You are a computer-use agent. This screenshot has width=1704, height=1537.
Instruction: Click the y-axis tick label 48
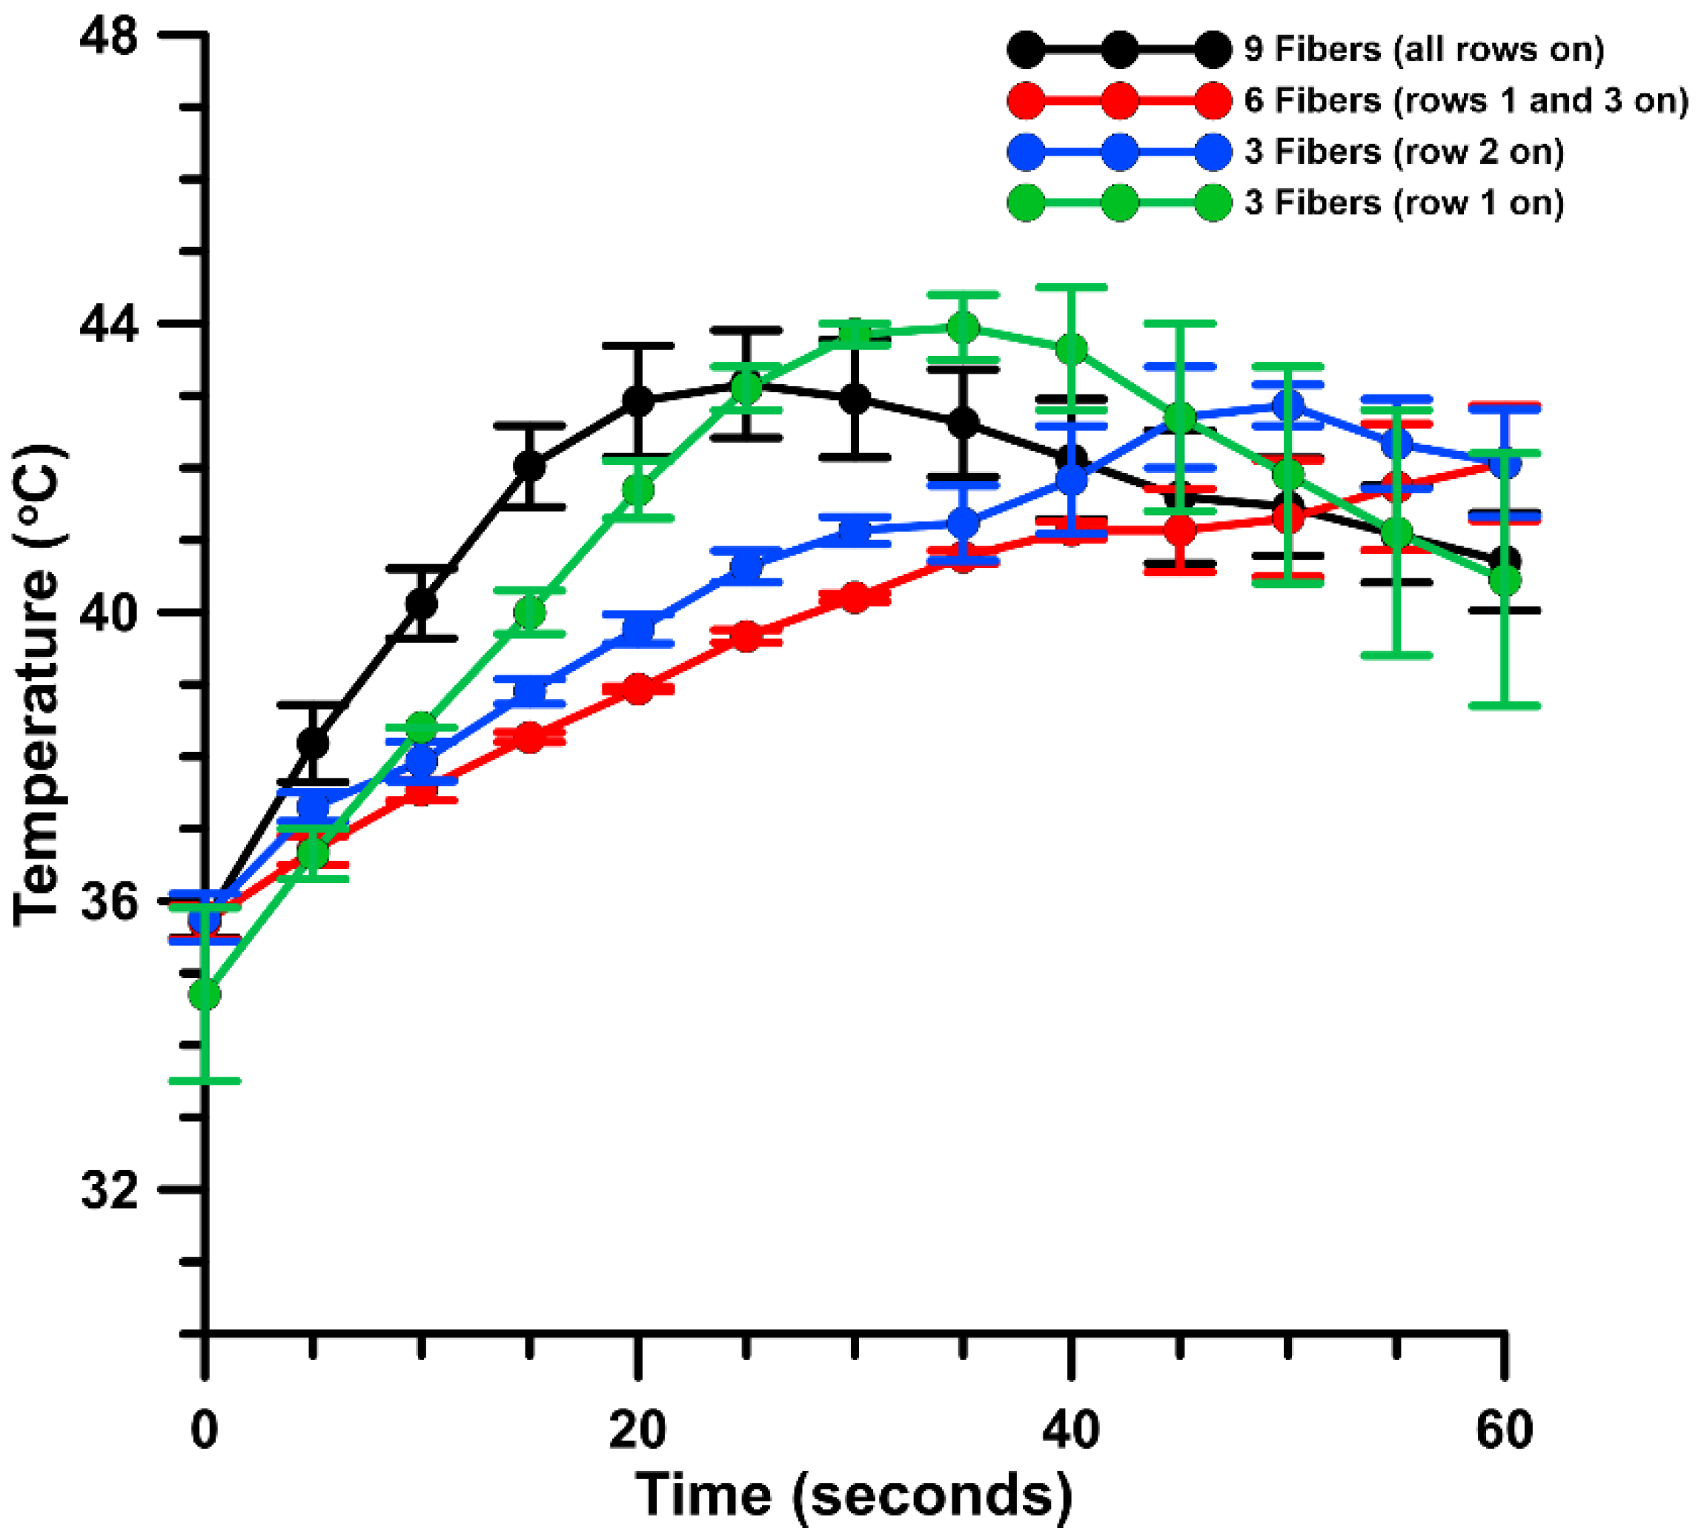point(109,38)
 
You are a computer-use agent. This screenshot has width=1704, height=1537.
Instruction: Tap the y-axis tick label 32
point(109,1190)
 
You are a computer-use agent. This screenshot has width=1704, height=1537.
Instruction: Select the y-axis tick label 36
point(109,902)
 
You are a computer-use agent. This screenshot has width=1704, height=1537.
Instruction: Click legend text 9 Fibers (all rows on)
point(1424,50)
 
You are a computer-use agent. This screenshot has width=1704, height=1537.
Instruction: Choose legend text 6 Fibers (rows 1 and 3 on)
point(1466,101)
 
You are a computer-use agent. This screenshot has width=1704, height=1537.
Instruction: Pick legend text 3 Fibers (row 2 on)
point(1403,152)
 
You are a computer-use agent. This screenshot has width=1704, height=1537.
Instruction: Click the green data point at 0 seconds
point(205,995)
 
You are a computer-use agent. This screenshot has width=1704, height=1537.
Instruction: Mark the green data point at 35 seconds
point(963,327)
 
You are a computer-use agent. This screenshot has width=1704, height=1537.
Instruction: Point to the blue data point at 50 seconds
point(1287,406)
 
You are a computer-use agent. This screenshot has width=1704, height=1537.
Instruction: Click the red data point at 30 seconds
point(855,598)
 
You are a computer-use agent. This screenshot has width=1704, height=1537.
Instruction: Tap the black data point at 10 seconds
point(421,603)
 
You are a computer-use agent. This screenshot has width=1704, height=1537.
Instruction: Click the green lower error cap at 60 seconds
point(1504,705)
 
